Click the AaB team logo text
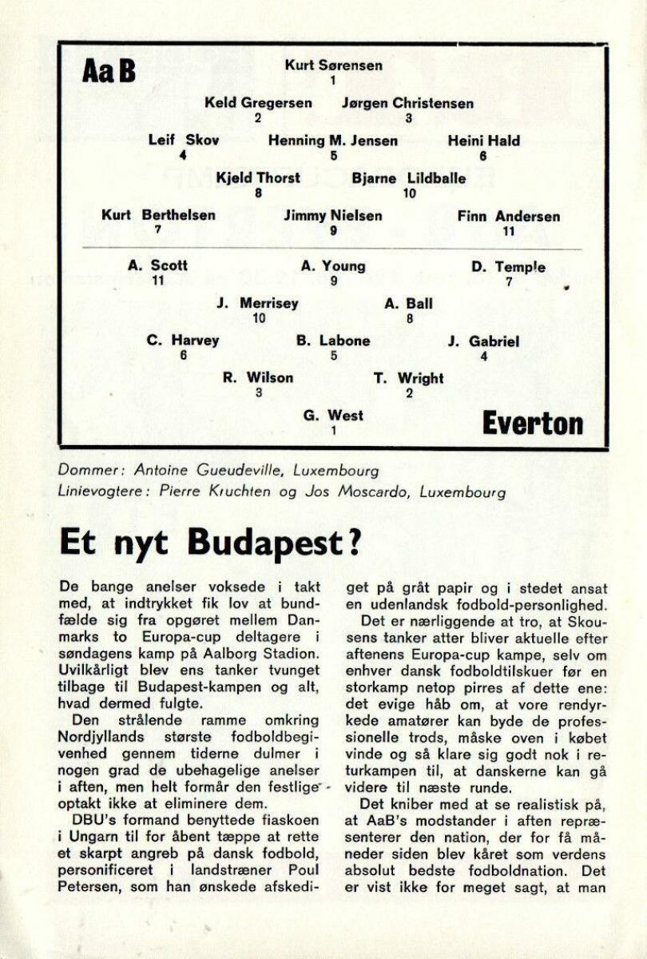109,71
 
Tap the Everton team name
532,424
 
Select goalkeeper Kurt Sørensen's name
333,66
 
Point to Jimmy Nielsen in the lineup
333,216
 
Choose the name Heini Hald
483,141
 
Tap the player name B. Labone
333,341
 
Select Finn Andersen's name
509,217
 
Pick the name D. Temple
509,267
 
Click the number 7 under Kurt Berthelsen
158,230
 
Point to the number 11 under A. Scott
157,281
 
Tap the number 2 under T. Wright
409,392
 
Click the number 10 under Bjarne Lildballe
409,193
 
